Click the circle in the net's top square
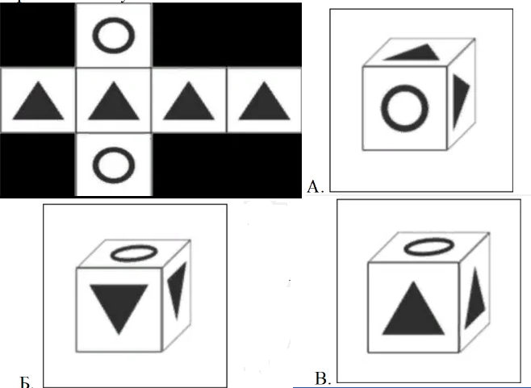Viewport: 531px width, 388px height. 112,35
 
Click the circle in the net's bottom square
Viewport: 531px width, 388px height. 112,165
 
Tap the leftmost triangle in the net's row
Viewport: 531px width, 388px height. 38,103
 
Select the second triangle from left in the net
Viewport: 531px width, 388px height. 112,103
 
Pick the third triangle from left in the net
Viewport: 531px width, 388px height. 188,103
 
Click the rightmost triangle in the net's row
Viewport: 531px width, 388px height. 263,103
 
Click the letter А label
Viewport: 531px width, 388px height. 315,187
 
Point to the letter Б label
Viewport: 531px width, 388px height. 25,381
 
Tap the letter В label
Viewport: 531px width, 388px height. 321,378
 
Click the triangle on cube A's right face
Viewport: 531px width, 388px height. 460,94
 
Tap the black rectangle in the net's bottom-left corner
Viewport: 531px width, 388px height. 37,165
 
